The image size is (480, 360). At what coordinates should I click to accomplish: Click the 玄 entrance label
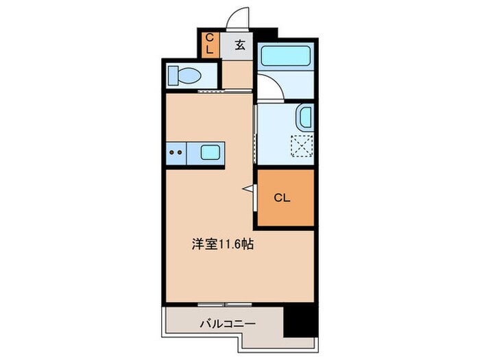pyautogui.click(x=240, y=46)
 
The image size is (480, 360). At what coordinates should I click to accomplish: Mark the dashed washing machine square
pyautogui.click(x=302, y=146)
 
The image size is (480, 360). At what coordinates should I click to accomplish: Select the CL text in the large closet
pyautogui.click(x=283, y=198)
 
